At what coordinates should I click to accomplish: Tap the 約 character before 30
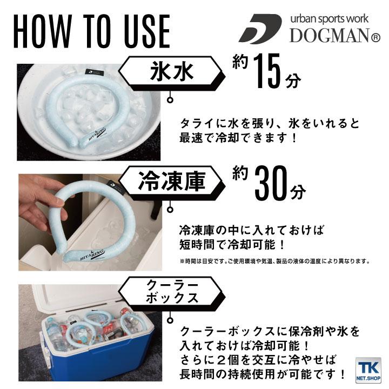click(x=240, y=173)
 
